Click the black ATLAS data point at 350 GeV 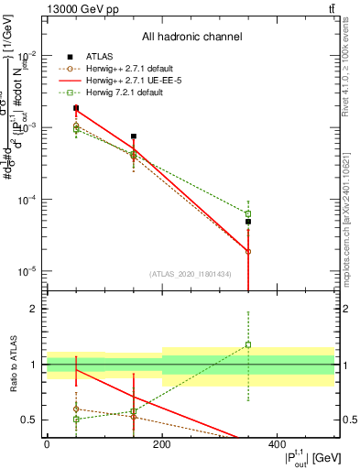(248, 222)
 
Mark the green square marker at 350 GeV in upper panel (248, 213)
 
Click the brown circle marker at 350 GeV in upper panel (248, 251)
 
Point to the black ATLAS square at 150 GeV (134, 136)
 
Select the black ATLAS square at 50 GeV (76, 108)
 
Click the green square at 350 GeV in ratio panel (248, 345)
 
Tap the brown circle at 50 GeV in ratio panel (76, 409)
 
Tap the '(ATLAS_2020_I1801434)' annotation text (191, 273)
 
